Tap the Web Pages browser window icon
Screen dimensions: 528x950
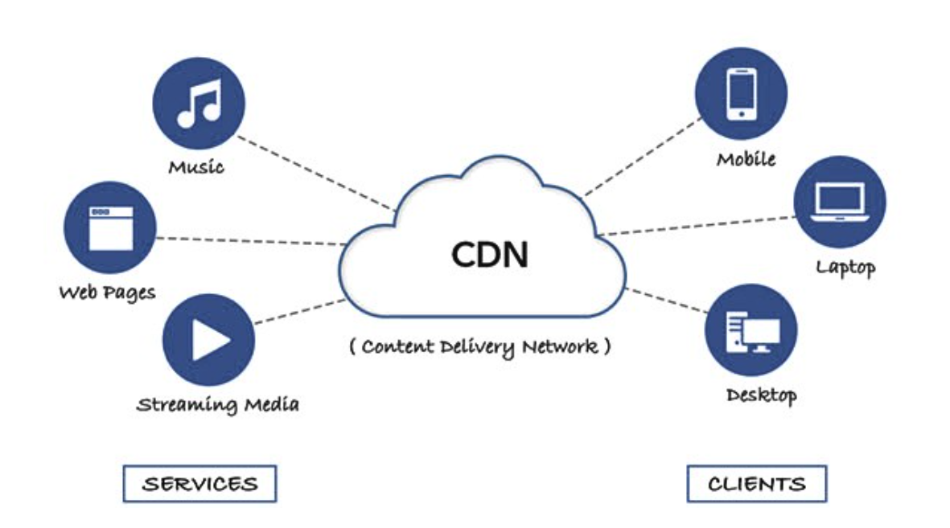tap(109, 227)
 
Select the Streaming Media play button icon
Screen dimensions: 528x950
tap(208, 340)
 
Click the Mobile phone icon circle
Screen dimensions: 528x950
tap(741, 94)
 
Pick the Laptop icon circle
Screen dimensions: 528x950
tap(839, 201)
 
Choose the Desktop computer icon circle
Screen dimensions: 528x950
tap(751, 330)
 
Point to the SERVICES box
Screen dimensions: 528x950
tap(199, 484)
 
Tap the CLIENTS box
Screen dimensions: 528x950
tap(756, 484)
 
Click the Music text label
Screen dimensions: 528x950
tap(196, 167)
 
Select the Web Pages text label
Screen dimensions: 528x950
tap(107, 292)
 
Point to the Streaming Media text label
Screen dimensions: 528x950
tap(217, 403)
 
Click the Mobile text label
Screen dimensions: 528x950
tap(746, 159)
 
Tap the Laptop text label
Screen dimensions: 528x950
tap(845, 266)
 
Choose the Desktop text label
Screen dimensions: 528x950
tap(761, 395)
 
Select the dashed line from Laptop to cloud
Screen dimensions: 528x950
tap(696, 225)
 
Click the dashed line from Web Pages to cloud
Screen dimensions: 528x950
tap(249, 240)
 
